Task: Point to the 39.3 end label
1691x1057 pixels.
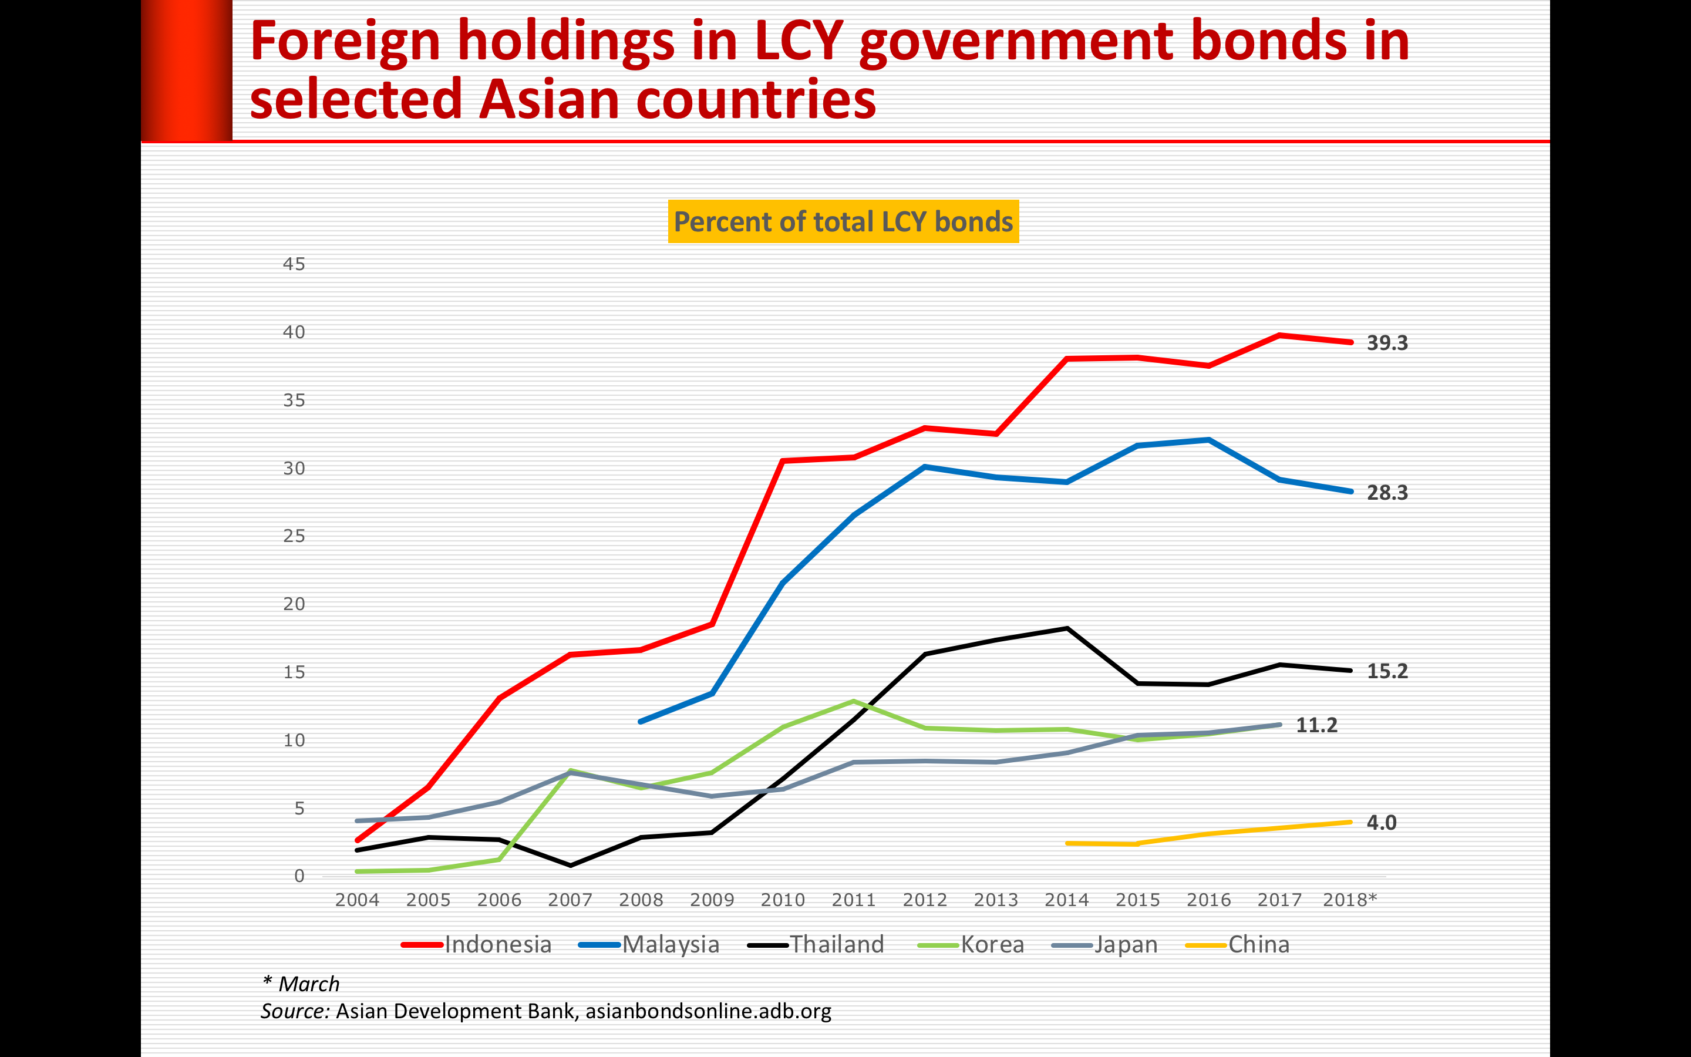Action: click(1387, 344)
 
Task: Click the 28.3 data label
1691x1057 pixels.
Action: click(1387, 493)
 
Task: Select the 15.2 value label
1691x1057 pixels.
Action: click(1387, 671)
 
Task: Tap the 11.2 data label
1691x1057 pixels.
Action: click(1316, 725)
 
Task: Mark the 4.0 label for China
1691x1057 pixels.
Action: click(1382, 823)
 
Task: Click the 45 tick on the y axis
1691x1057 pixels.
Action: click(294, 264)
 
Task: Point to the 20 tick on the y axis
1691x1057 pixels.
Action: click(294, 604)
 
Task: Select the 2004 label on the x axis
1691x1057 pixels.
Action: click(357, 900)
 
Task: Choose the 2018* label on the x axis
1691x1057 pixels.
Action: click(1349, 900)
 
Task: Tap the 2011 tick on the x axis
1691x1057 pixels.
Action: click(853, 900)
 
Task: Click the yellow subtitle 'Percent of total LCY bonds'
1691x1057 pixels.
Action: click(843, 221)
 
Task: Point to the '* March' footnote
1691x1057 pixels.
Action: click(301, 984)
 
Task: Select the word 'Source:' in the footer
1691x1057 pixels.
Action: click(295, 1011)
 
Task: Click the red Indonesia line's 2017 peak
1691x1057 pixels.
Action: click(1279, 335)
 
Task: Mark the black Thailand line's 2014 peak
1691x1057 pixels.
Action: click(1066, 628)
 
